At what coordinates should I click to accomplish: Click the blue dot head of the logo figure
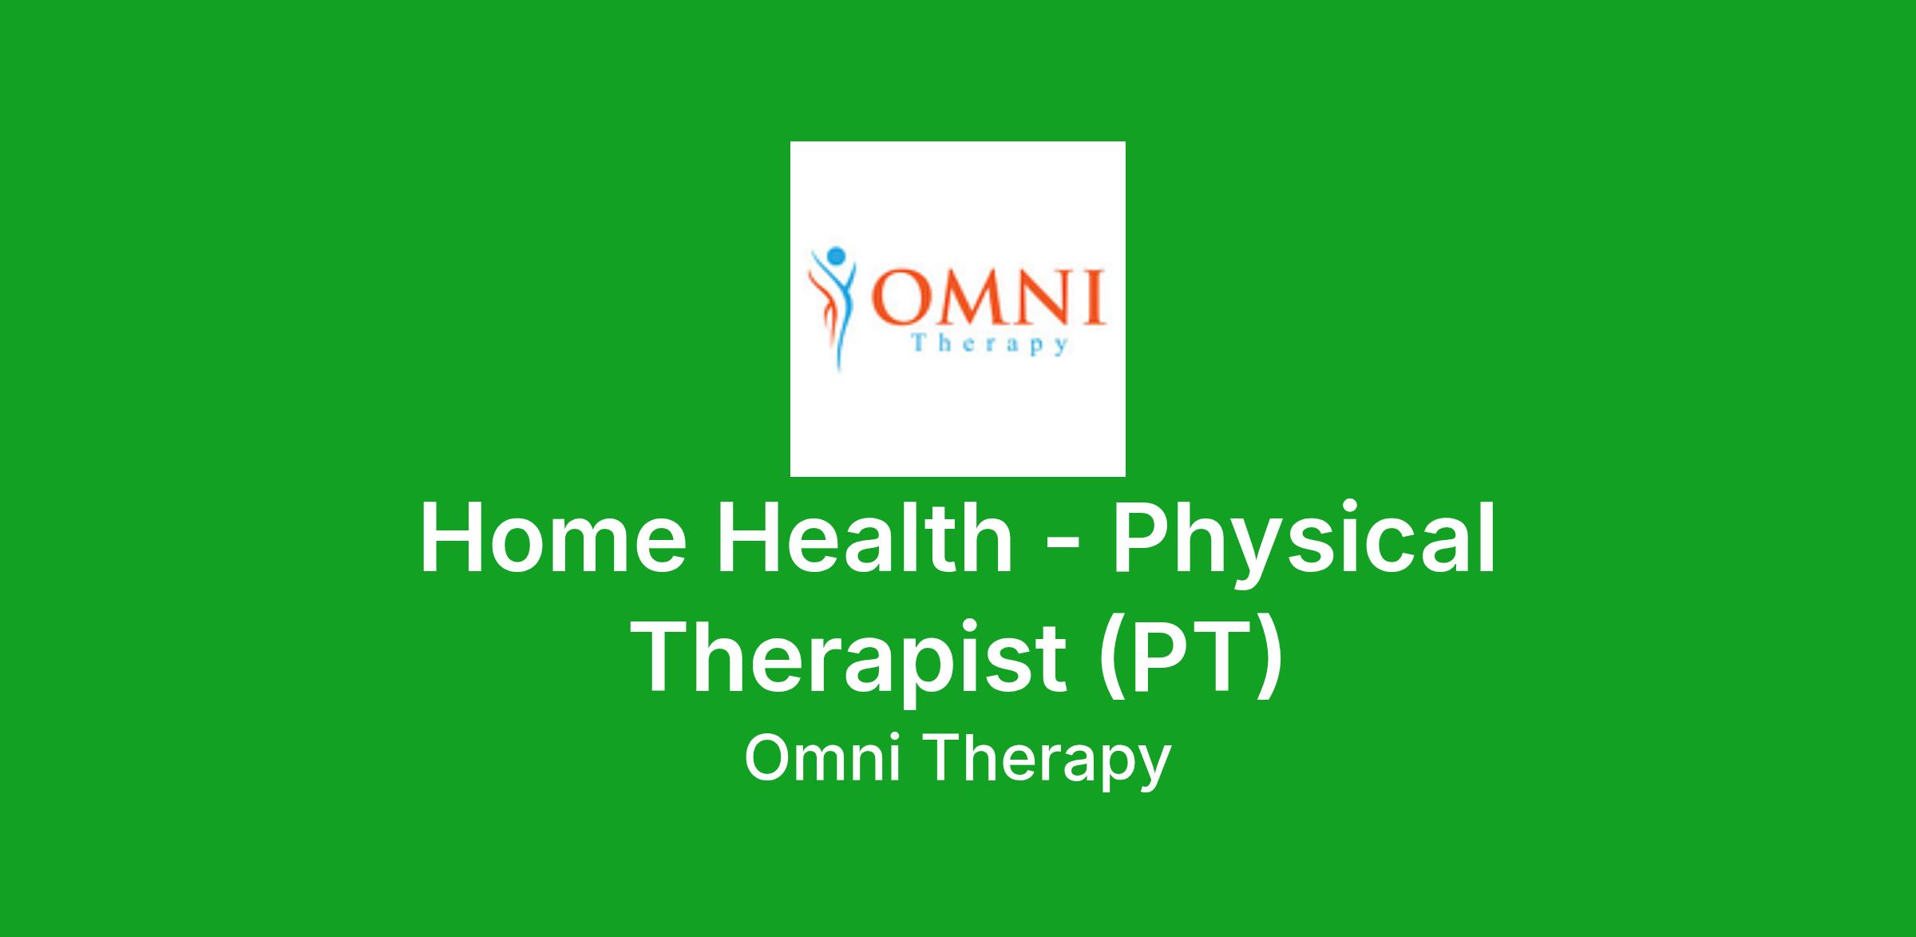tap(835, 256)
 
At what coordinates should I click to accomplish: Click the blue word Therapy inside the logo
tap(989, 345)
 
